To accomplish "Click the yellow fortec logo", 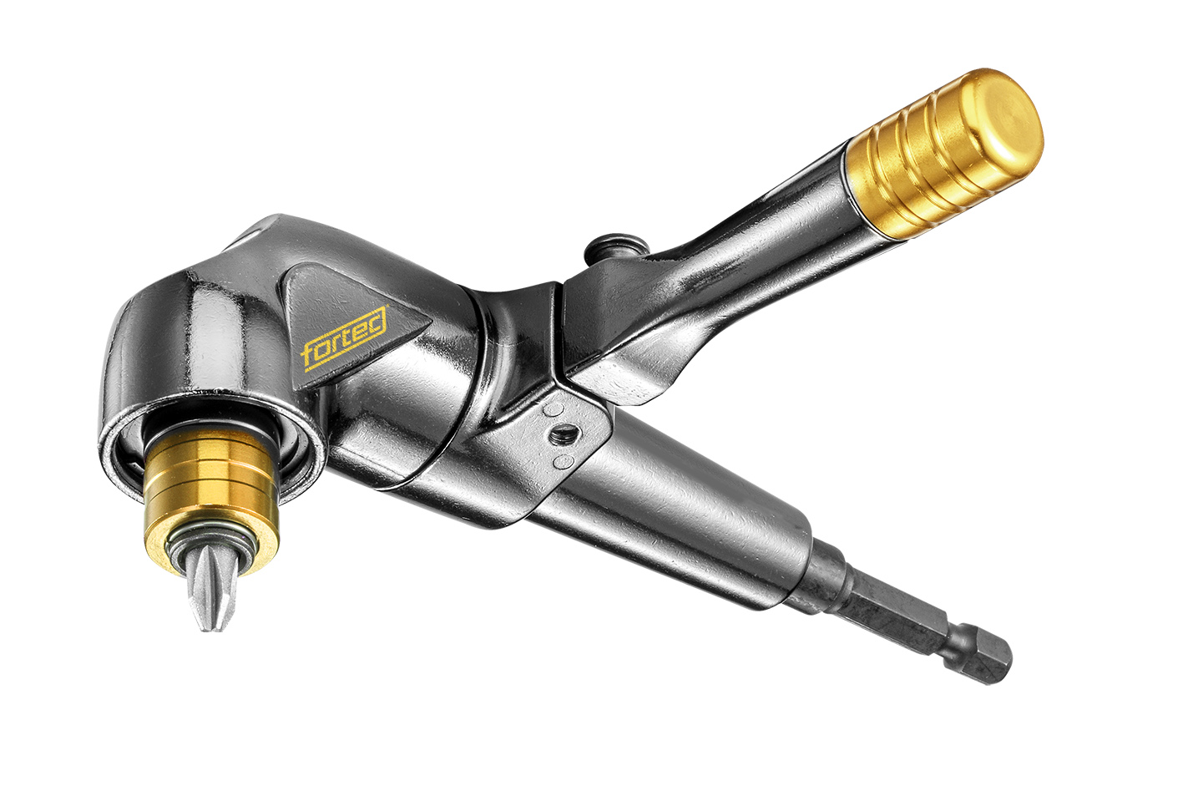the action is click(345, 337).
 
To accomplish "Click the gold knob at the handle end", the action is click(943, 154).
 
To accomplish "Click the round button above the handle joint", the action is click(616, 247).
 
